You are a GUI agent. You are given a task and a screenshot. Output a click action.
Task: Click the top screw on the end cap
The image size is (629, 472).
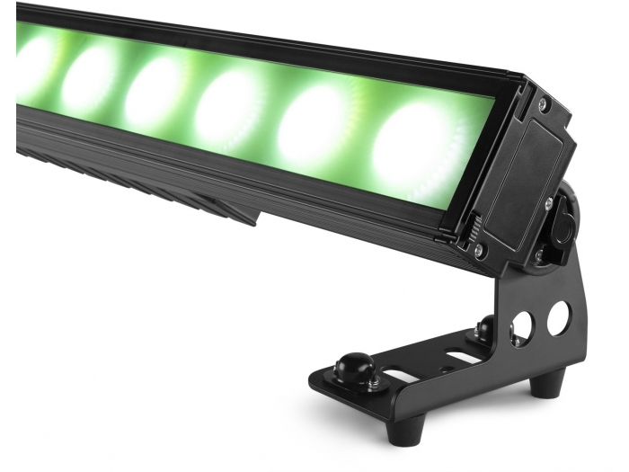(544, 105)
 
